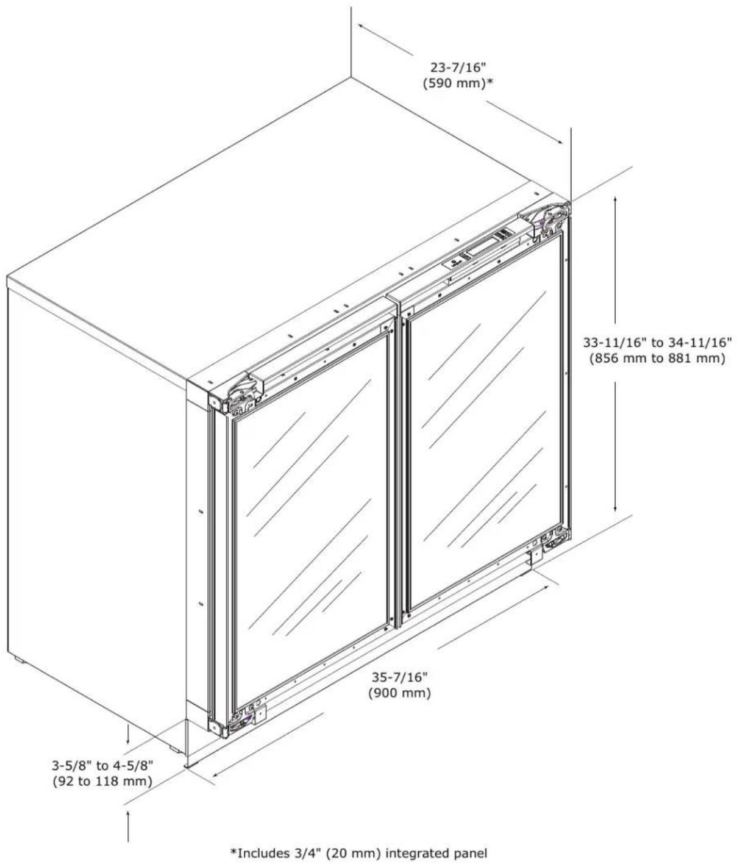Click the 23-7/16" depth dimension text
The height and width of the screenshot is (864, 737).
point(459,67)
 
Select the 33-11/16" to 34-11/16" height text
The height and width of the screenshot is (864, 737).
point(658,343)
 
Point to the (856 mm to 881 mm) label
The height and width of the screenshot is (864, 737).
point(657,359)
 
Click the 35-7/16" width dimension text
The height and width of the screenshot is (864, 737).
point(400,677)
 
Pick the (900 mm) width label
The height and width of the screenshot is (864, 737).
point(399,693)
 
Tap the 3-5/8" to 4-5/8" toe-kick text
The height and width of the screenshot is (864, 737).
point(102,765)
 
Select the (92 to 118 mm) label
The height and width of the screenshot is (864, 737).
point(102,781)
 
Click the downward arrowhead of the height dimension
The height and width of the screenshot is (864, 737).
point(615,508)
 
